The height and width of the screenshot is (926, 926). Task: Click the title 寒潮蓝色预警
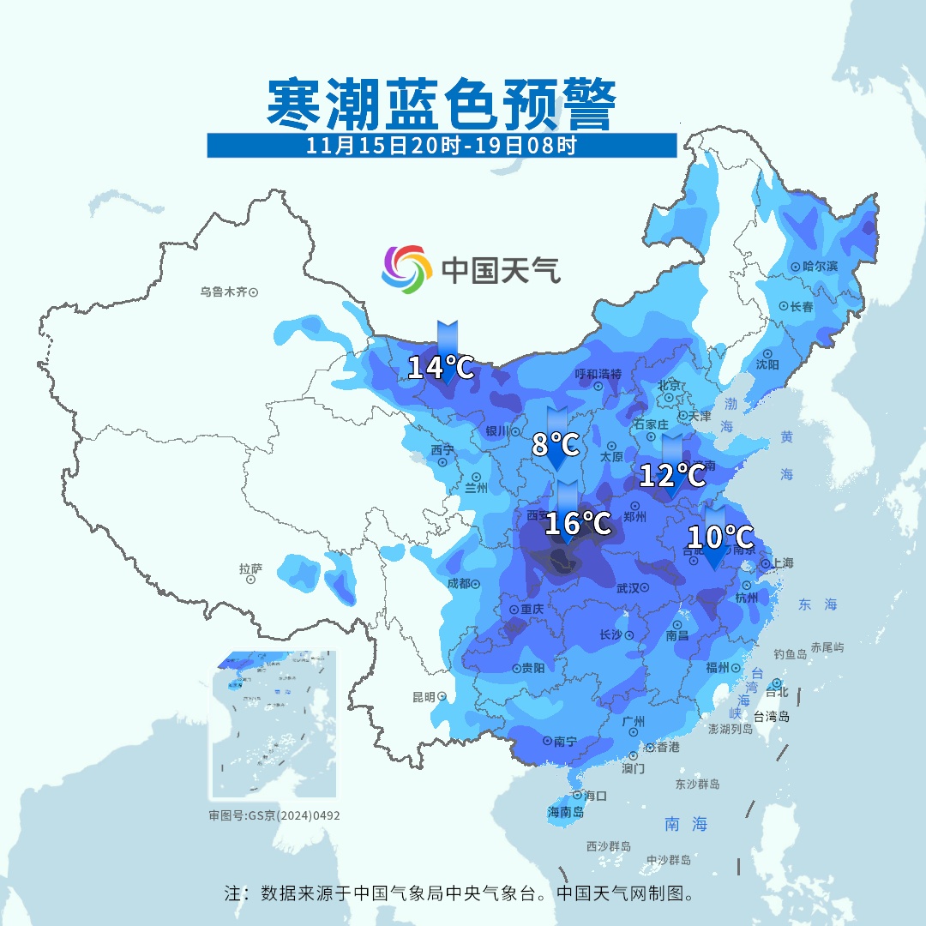pyautogui.click(x=441, y=105)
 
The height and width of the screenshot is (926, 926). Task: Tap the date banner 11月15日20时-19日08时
pyautogui.click(x=441, y=145)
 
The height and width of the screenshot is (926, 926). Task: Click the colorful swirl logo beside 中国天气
pyautogui.click(x=406, y=268)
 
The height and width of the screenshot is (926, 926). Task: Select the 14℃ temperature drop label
pyautogui.click(x=440, y=368)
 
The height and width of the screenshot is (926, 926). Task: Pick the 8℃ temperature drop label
pyautogui.click(x=555, y=445)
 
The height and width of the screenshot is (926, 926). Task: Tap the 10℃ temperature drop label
pyautogui.click(x=719, y=538)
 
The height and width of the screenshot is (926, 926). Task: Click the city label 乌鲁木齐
pyautogui.click(x=224, y=292)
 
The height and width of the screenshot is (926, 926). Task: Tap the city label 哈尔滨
pyautogui.click(x=820, y=267)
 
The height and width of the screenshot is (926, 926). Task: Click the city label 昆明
pyautogui.click(x=424, y=696)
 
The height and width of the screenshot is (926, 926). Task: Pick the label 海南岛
pyautogui.click(x=566, y=812)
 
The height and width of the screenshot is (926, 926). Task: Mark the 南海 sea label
pyautogui.click(x=686, y=824)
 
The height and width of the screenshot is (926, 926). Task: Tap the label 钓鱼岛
pyautogui.click(x=790, y=654)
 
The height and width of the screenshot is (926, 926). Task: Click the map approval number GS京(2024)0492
pyautogui.click(x=274, y=815)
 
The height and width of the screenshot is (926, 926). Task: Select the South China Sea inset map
pyautogui.click(x=274, y=725)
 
